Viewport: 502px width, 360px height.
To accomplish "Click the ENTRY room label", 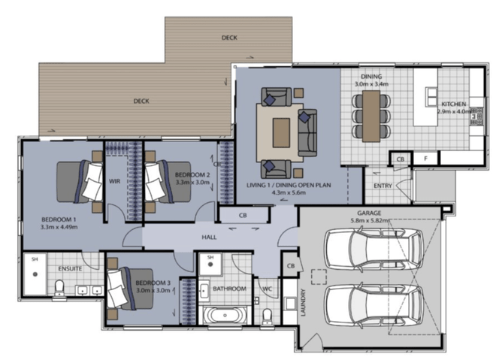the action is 383,186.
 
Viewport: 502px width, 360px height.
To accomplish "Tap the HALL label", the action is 209,237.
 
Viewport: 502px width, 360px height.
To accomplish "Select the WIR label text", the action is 114,181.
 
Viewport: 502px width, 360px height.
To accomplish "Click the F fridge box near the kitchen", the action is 426,159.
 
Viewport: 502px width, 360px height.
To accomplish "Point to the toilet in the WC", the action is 267,316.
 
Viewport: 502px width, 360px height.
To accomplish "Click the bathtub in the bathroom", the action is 225,316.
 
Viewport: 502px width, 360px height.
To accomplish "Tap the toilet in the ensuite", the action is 59,289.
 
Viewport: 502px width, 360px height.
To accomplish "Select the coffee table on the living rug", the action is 281,132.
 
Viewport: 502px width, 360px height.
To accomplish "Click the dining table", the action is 371,116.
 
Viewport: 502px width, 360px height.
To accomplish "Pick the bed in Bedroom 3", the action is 130,289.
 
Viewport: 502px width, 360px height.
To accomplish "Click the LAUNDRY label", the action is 303,302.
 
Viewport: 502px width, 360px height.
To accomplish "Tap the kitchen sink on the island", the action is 431,96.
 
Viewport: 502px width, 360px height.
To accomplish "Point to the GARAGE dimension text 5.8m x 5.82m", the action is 369,220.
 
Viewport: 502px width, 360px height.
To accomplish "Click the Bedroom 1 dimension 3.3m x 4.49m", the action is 59,227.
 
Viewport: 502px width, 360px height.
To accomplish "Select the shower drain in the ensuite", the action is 35,274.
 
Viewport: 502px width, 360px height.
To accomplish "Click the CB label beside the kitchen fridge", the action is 401,159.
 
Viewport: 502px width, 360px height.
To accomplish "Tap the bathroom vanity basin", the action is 204,291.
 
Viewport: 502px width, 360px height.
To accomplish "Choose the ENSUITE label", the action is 70,268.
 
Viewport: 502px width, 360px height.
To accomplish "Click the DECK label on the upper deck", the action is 229,38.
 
